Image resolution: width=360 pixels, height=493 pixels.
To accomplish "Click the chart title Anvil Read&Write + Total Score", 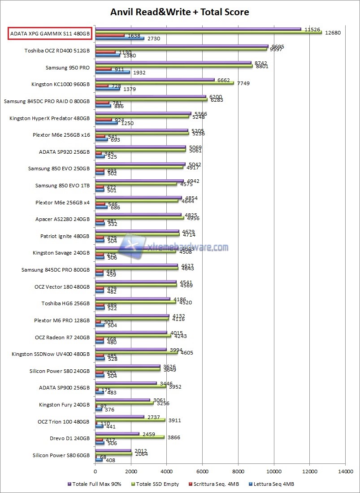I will pyautogui.click(x=180, y=12).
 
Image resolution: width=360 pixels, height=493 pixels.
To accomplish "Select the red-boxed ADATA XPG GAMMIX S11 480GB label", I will pyautogui.click(x=50, y=34).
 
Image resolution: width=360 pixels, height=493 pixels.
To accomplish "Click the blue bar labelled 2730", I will pyautogui.click(x=119, y=39).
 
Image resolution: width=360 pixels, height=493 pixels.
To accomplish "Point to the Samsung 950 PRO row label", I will pyautogui.click(x=68, y=68).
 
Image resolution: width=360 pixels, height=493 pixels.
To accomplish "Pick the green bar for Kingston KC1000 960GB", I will pyautogui.click(x=164, y=83).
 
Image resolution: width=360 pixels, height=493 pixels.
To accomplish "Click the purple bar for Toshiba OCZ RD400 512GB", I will pyautogui.click(x=182, y=46).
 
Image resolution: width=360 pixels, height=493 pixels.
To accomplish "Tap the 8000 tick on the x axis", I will pyautogui.click(x=238, y=471).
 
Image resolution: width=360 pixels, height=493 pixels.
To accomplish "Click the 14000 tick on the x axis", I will pyautogui.click(x=345, y=471).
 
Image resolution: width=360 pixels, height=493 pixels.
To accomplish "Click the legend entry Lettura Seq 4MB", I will pyautogui.click(x=273, y=484).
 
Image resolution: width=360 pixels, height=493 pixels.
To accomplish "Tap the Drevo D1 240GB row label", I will pyautogui.click(x=70, y=438).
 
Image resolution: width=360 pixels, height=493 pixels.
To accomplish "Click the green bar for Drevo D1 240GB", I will pyautogui.click(x=130, y=437).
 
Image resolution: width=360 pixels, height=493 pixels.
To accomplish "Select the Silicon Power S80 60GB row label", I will pyautogui.click(x=61, y=455).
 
